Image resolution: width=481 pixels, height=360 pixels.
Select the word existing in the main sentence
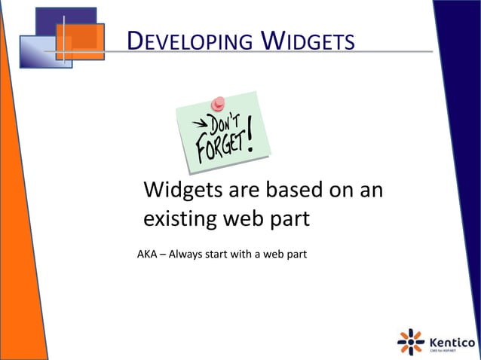coord(179,220)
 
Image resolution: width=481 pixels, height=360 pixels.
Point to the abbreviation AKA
coord(147,253)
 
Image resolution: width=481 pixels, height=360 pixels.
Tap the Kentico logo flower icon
coord(411,341)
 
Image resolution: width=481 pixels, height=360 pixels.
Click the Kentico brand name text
coord(452,339)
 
